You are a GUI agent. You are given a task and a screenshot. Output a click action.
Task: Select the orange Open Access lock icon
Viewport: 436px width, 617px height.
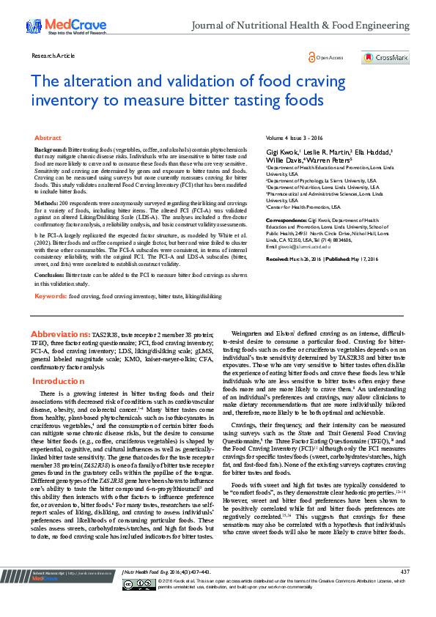click(x=311, y=57)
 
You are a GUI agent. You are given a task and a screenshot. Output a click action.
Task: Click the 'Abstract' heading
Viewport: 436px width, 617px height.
click(x=48, y=138)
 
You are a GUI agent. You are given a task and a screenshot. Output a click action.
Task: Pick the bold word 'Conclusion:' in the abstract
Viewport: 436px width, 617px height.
click(x=49, y=274)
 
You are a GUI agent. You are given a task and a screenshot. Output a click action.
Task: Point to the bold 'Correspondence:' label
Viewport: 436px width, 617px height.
click(x=287, y=219)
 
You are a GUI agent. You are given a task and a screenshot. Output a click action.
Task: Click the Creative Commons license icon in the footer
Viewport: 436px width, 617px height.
click(x=149, y=605)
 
